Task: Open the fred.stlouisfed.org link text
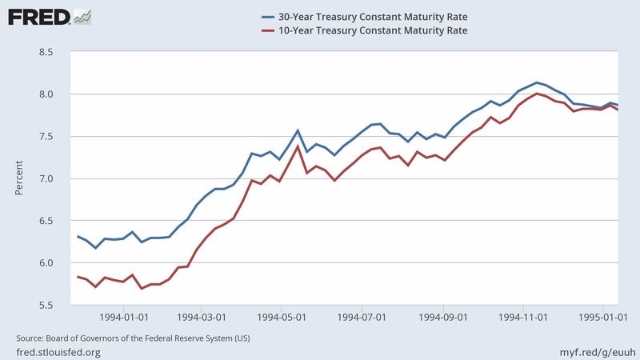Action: (58, 352)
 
